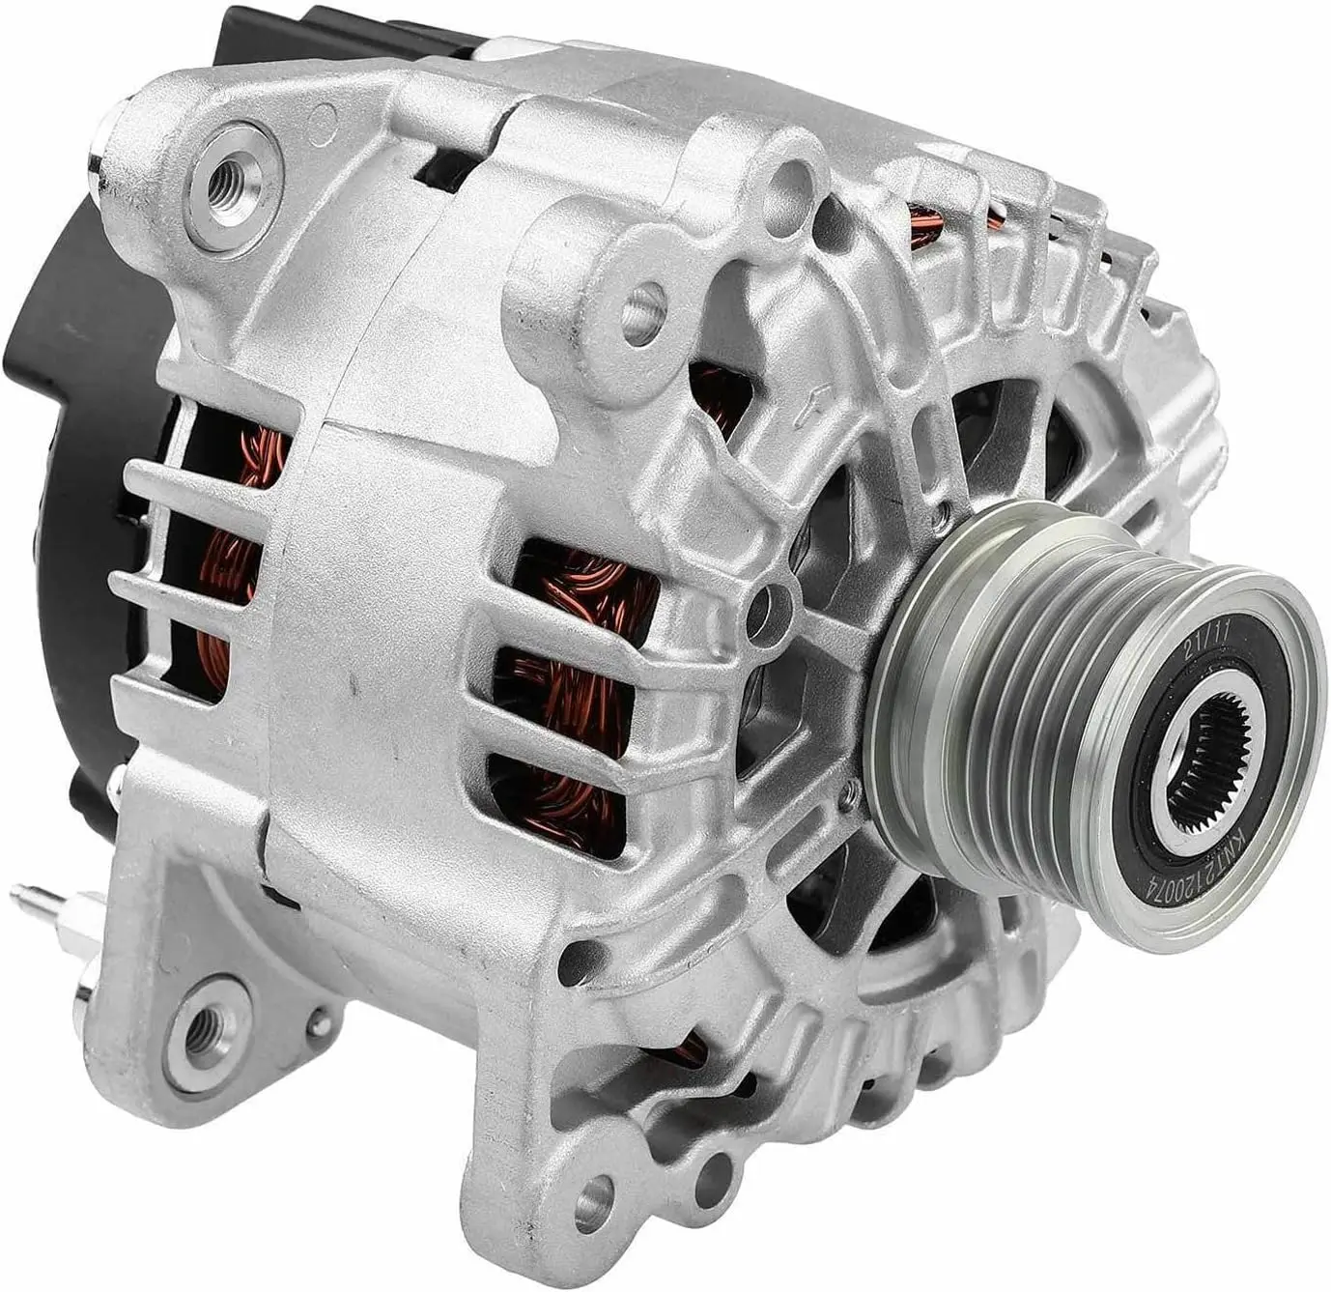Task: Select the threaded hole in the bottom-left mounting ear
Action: coord(203,1027)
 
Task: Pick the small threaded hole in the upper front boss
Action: coord(642,315)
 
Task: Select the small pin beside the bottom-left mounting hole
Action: coord(316,1018)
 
